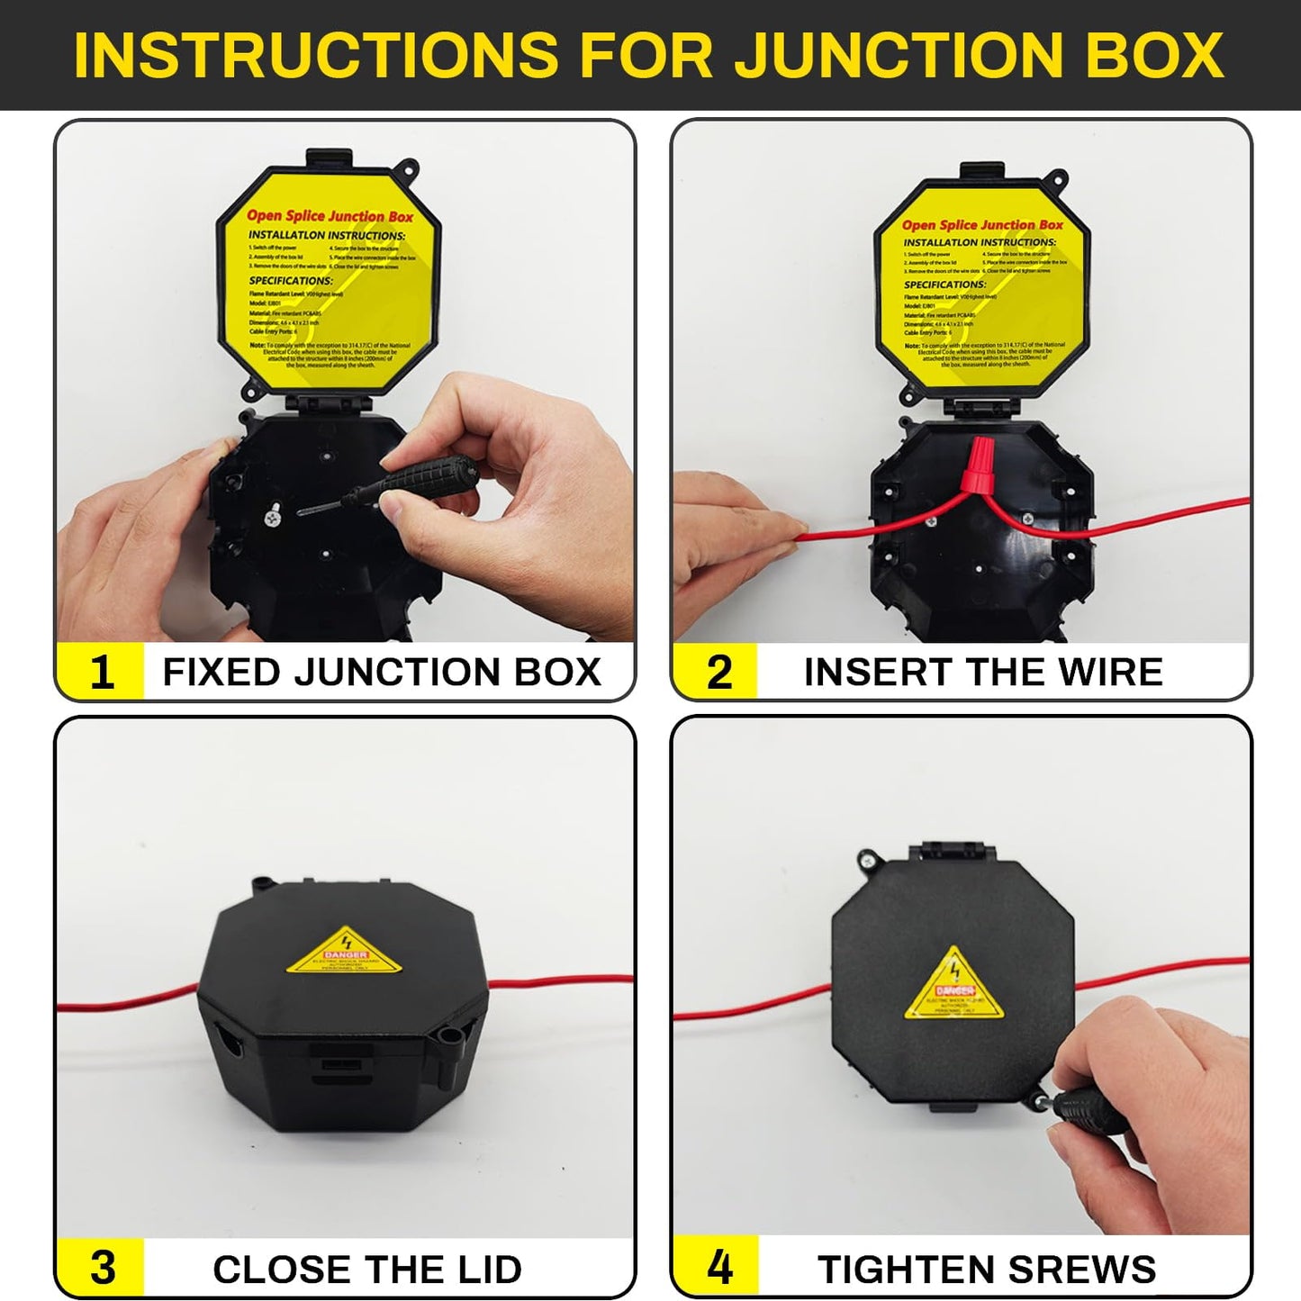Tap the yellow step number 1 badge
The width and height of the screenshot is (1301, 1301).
(101, 672)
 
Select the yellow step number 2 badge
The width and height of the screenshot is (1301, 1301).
(718, 672)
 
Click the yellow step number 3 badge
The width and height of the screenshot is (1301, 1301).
(102, 1268)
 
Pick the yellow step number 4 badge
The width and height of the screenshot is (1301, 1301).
(718, 1268)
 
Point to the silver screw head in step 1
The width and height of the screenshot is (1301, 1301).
(271, 518)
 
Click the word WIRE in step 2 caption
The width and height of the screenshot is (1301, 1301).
(1110, 673)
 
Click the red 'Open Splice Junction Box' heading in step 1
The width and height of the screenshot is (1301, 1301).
(330, 216)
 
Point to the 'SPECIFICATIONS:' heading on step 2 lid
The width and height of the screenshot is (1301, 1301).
(944, 285)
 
